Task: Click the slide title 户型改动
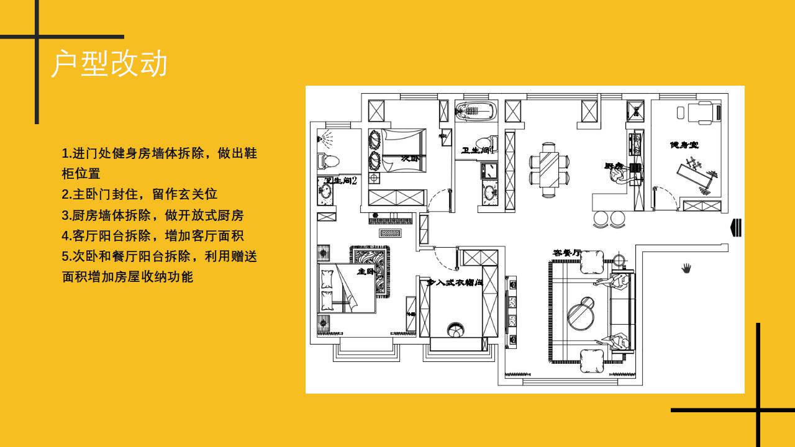coord(109,63)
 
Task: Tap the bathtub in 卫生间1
coord(476,112)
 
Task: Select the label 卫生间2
coord(340,181)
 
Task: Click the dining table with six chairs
coord(549,169)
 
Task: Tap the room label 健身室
coord(684,145)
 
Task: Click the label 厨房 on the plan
coord(614,166)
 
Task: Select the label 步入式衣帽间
coord(455,282)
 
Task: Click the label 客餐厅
coord(567,253)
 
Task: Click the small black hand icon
coord(686,268)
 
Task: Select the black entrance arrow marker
coord(736,228)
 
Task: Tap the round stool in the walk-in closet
coord(455,329)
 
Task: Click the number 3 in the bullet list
coord(65,215)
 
